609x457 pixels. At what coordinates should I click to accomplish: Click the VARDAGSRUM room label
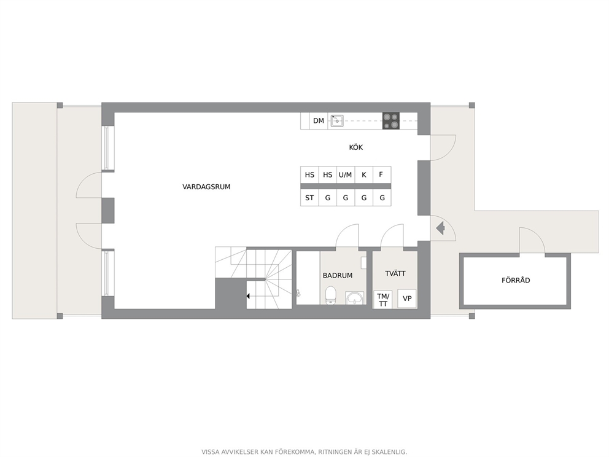coord(206,187)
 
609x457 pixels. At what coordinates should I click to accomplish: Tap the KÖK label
coord(356,147)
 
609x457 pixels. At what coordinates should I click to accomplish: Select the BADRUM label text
coord(338,276)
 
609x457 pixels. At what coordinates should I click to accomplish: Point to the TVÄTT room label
coord(395,273)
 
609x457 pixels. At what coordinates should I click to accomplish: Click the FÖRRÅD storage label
coord(516,280)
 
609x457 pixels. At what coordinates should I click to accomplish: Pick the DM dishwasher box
coord(319,121)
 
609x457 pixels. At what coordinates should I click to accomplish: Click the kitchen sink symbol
coord(337,121)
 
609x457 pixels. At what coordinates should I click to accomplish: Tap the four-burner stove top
coord(390,121)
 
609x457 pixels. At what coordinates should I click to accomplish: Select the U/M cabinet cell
coord(345,175)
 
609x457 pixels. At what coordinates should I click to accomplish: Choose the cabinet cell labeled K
coord(363,175)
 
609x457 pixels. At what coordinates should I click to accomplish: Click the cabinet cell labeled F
coord(382,175)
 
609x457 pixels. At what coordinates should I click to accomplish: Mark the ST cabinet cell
coord(309,198)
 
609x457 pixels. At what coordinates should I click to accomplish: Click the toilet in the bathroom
coord(330,295)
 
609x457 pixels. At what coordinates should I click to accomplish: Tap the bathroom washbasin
coord(355,298)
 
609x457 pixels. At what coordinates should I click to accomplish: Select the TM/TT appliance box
coord(383,300)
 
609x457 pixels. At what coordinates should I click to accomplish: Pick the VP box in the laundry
coord(407,299)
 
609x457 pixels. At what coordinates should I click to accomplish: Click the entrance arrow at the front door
coord(440,228)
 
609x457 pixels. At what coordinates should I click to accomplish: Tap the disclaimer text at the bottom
coord(304,452)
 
